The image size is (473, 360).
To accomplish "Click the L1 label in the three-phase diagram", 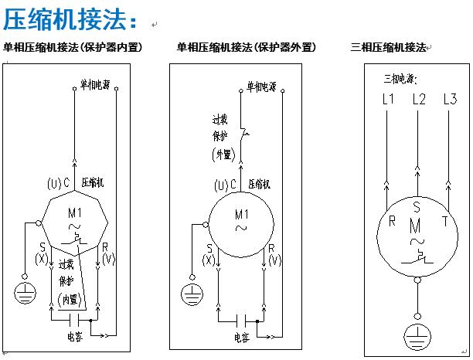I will coord(389,99).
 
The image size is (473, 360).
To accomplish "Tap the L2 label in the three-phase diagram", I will coord(419,99).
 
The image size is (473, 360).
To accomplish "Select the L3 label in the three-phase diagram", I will coord(450,99).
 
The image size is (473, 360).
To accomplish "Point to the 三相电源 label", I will coord(400,79).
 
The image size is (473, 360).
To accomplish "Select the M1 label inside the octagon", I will coord(76,213).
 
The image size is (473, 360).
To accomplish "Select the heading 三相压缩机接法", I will coord(388,48).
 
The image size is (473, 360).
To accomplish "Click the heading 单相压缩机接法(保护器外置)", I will coord(246,48).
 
